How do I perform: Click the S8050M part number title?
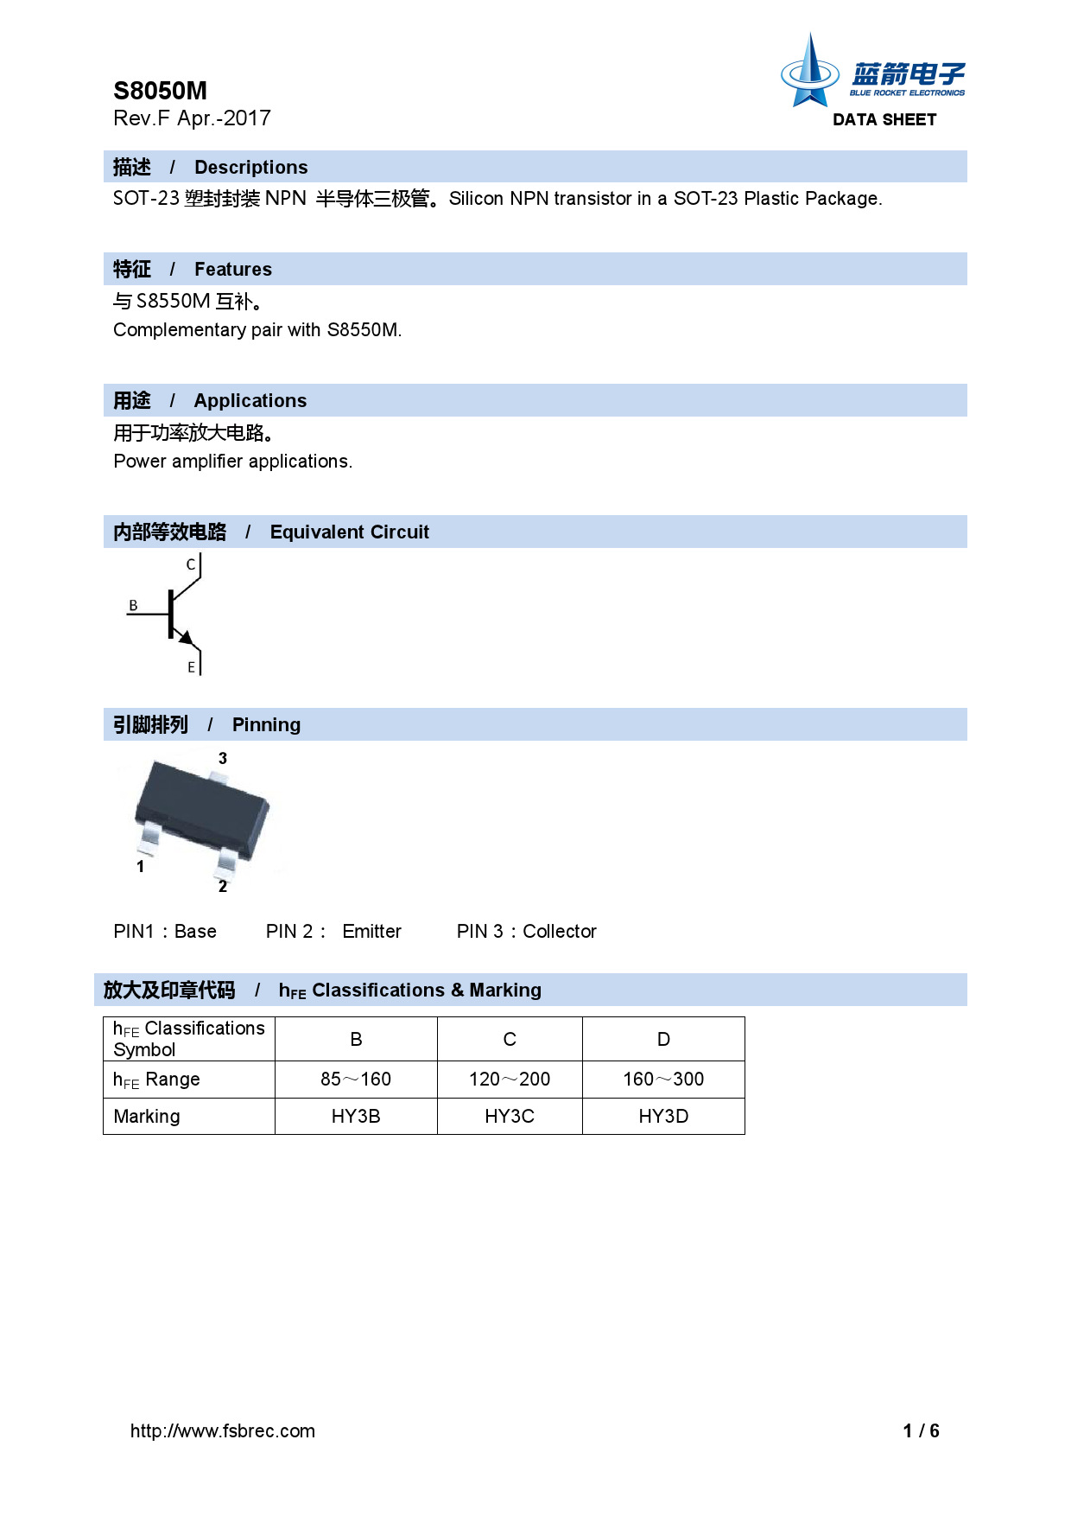160,91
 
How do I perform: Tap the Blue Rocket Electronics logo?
871,73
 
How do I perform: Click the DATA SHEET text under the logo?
884,120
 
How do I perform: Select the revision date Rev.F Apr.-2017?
192,118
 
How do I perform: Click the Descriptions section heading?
250,167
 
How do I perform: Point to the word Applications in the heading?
250,400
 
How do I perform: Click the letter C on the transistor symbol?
191,564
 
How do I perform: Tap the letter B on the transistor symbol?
133,605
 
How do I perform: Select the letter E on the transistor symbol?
192,667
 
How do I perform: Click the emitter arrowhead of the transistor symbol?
186,638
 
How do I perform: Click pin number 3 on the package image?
223,758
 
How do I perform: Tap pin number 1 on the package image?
141,866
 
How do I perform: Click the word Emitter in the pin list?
371,931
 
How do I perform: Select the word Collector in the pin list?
559,931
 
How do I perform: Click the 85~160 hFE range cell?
356,1079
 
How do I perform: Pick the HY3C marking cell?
510,1116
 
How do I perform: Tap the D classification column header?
663,1039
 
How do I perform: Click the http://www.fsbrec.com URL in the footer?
223,1430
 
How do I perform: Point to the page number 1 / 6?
921,1430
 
